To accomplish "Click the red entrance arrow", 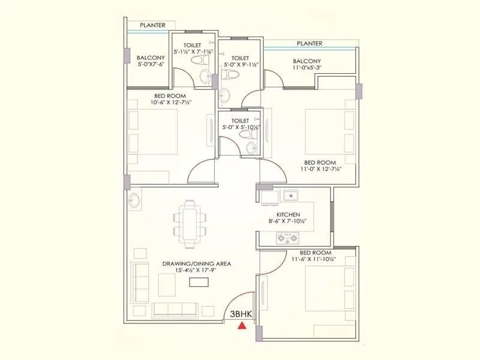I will (x=241, y=326).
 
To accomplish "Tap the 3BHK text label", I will (x=241, y=314).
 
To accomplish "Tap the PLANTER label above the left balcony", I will (x=153, y=25).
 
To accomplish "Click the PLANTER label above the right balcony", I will (x=310, y=43).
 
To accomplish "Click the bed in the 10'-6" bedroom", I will (x=154, y=141).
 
